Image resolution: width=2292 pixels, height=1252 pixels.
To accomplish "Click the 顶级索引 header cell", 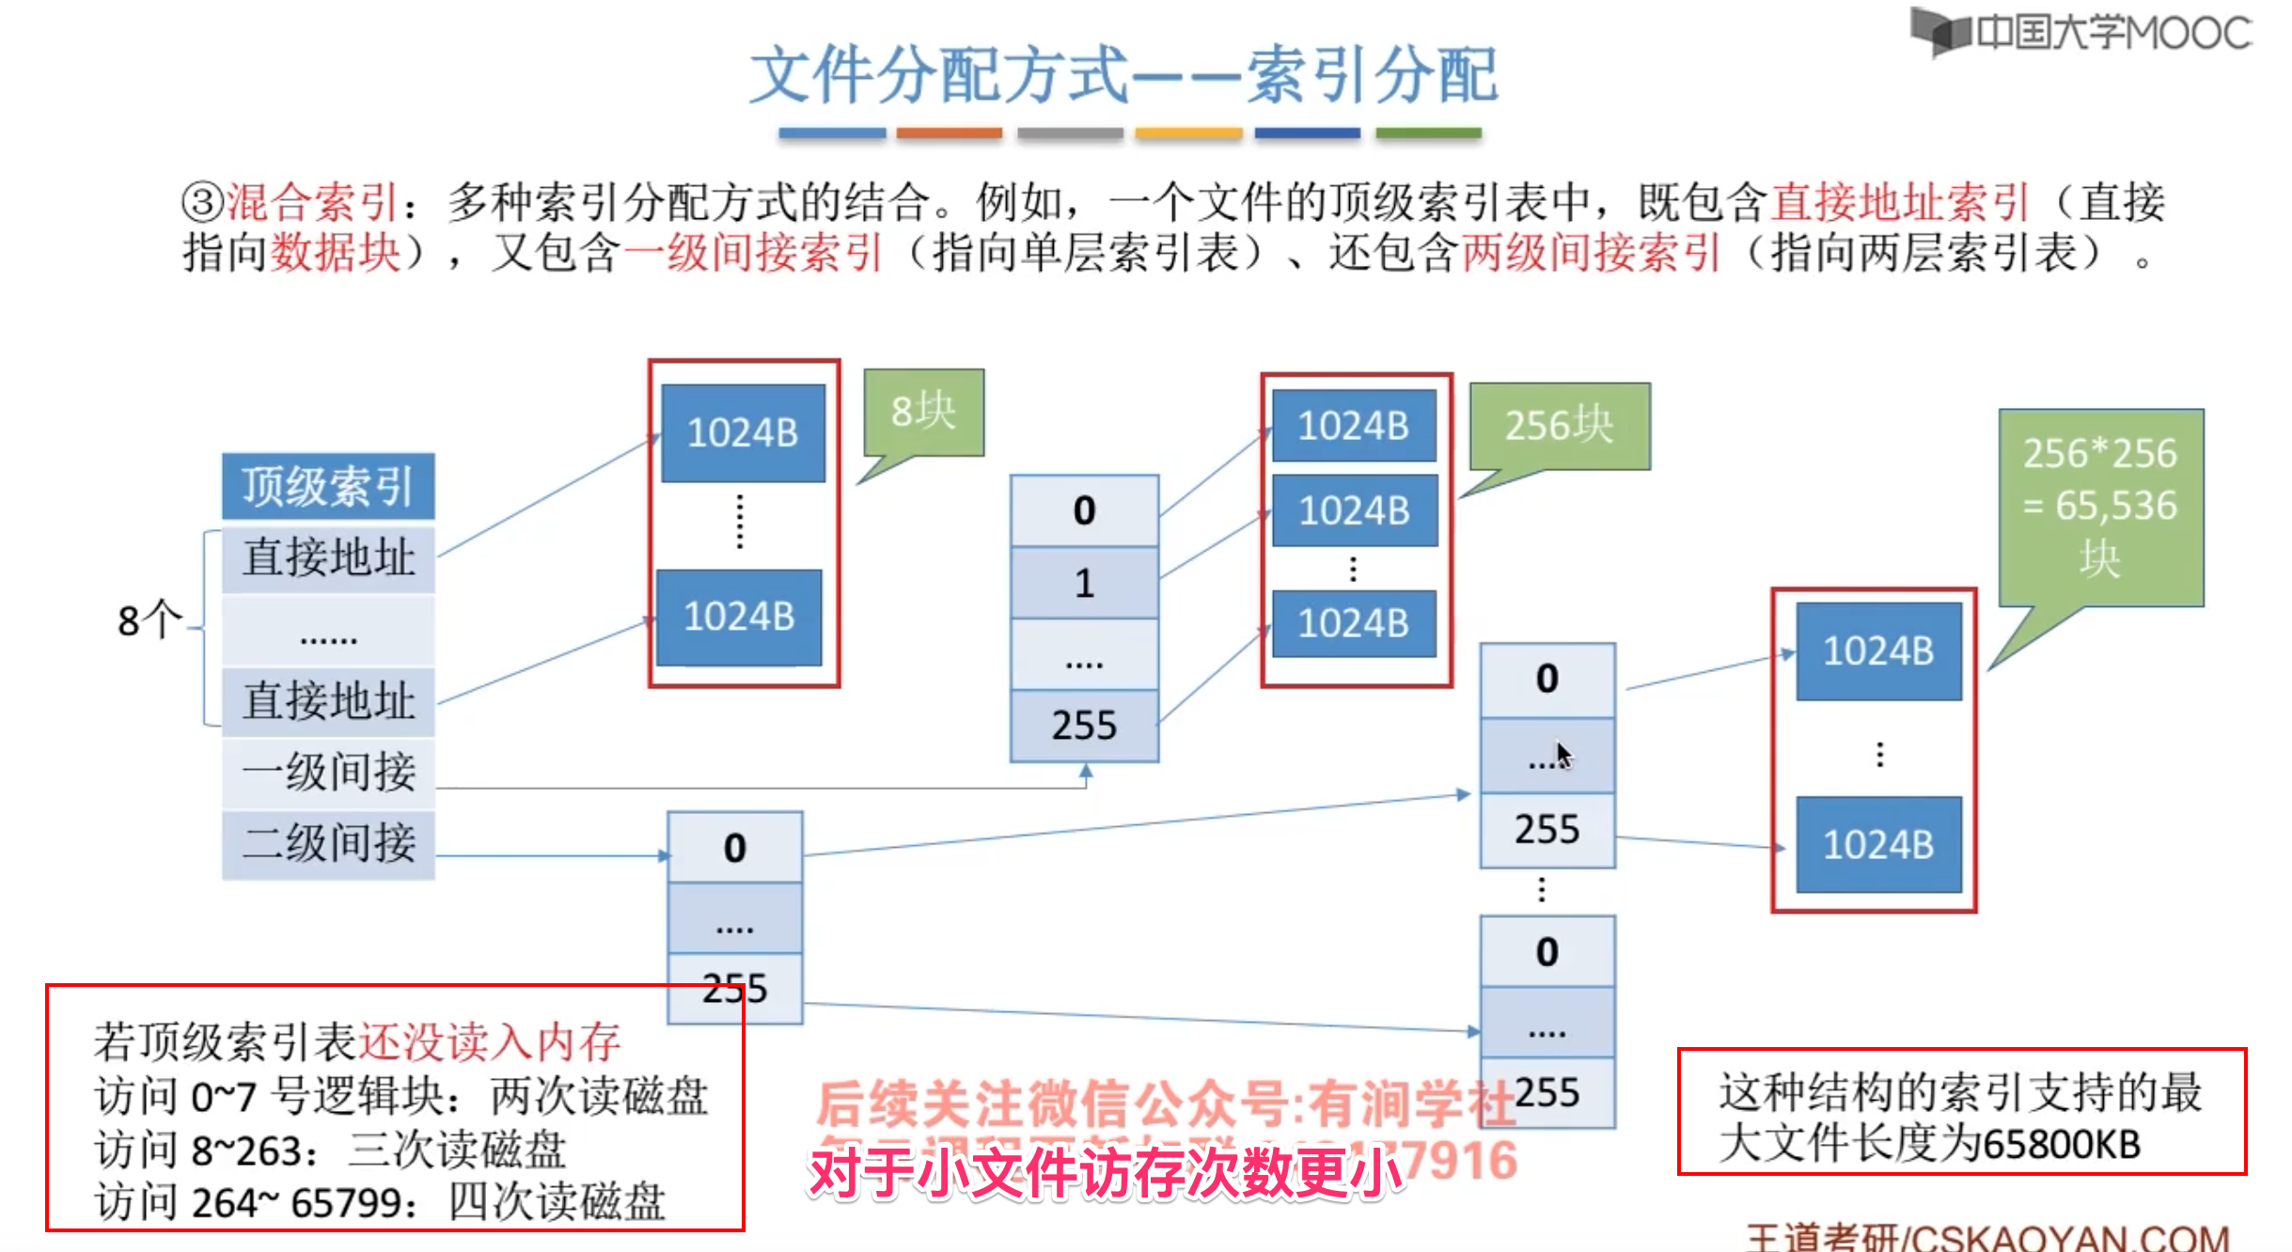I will (328, 486).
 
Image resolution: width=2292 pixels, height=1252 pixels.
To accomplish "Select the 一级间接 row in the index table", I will (328, 772).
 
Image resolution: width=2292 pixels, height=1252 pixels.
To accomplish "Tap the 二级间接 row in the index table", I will (328, 843).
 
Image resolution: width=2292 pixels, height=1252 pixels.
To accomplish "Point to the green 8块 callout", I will (923, 412).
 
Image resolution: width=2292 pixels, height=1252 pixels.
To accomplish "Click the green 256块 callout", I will (1559, 426).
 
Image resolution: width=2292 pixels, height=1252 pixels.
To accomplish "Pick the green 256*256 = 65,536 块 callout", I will (2100, 506).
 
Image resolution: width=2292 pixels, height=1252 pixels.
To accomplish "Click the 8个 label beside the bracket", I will (149, 620).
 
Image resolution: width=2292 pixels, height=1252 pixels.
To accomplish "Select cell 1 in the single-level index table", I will (1084, 584).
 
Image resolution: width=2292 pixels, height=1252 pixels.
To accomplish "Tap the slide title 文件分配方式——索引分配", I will (1124, 75).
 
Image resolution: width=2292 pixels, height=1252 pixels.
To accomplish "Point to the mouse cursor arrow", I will (1562, 754).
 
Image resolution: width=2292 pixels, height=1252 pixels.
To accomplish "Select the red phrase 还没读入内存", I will (489, 1041).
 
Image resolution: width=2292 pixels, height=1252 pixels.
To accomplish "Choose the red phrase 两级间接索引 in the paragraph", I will (1591, 253).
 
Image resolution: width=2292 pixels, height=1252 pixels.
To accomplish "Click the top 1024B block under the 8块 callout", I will (743, 433).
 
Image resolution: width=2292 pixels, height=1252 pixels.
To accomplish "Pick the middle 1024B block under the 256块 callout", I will (1354, 511).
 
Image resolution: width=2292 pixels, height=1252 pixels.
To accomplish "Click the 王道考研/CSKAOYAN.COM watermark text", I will (1987, 1237).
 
